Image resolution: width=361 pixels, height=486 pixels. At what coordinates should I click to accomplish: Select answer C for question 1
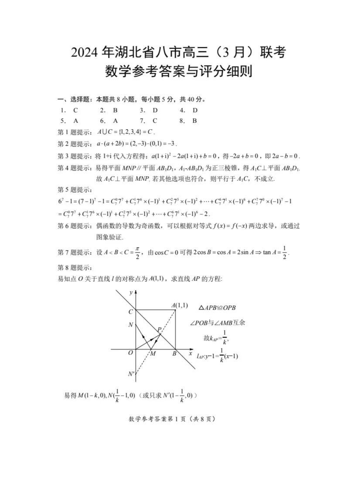[75, 110]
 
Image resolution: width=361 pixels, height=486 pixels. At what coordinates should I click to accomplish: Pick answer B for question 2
[116, 110]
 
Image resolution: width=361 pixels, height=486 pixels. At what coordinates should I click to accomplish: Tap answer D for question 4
[195, 110]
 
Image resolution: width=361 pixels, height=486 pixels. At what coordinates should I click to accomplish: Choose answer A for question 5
[75, 121]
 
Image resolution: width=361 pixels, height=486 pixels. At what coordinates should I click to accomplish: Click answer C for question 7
[155, 121]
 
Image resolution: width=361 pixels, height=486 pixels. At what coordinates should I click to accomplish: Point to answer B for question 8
[195, 121]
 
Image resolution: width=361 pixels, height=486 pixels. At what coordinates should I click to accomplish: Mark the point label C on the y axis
[130, 312]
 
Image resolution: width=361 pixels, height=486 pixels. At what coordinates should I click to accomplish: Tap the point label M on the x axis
[153, 353]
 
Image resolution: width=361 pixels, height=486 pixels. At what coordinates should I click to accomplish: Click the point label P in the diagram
[160, 329]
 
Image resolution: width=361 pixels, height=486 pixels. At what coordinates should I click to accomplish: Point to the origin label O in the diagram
[130, 353]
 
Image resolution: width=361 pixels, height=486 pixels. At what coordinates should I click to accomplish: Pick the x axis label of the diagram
[190, 353]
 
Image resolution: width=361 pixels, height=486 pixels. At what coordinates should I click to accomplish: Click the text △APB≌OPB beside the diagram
[217, 308]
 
